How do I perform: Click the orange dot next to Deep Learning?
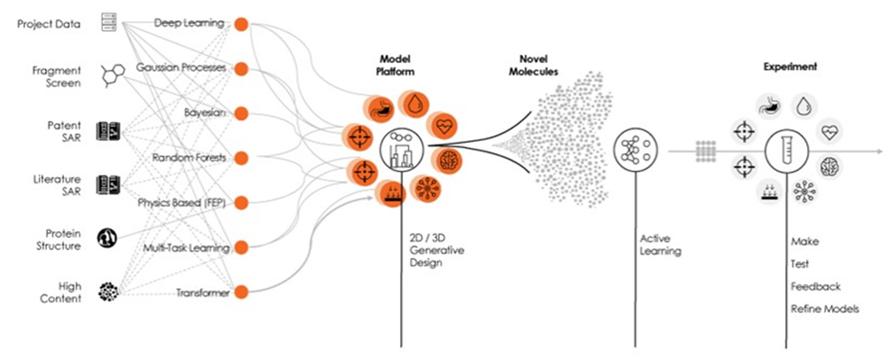pyautogui.click(x=242, y=22)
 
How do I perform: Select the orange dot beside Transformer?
pyautogui.click(x=242, y=292)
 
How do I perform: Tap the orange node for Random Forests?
pyautogui.click(x=242, y=157)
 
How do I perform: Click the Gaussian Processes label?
pyautogui.click(x=181, y=67)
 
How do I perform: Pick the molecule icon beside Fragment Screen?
pyautogui.click(x=111, y=76)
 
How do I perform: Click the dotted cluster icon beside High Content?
pyautogui.click(x=109, y=292)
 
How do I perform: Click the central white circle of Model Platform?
pyautogui.click(x=401, y=149)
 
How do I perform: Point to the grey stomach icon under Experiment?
pyautogui.click(x=767, y=105)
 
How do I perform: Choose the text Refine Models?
pyautogui.click(x=825, y=309)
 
